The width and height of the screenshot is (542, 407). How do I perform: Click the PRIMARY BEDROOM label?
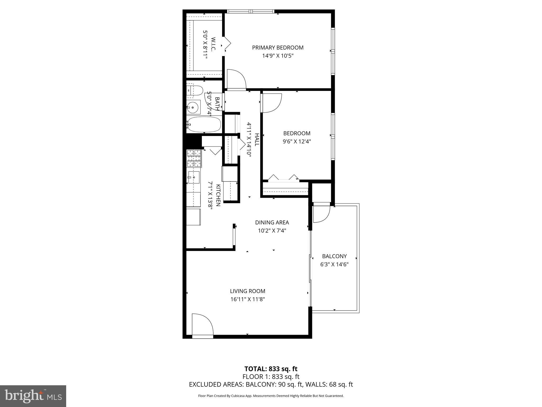[278, 48]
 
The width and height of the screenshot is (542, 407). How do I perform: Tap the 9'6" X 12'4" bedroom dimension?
[297, 141]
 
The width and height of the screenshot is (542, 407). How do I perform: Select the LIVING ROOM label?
[247, 291]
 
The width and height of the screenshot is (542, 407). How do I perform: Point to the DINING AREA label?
[272, 223]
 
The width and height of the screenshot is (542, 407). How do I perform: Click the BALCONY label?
[334, 256]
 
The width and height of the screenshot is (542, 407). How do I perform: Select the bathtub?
[204, 125]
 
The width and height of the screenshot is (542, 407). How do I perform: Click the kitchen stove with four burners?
[194, 158]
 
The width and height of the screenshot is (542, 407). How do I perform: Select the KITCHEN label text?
[218, 195]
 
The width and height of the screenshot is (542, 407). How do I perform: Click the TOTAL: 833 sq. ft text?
[271, 369]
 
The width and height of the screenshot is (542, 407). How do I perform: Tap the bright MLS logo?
[33, 396]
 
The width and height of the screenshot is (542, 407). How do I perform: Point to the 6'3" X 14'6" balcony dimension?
[334, 264]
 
